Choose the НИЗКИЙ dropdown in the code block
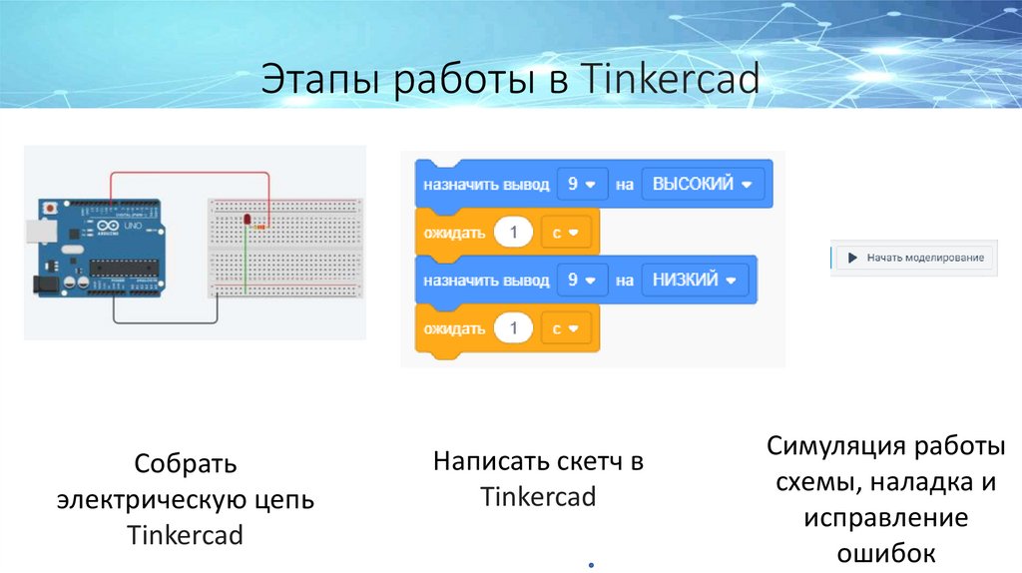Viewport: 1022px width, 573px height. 695,281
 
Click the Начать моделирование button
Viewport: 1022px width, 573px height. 914,258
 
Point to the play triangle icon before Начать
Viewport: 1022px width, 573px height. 852,258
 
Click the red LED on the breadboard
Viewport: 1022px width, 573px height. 246,219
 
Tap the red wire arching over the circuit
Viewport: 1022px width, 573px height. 190,173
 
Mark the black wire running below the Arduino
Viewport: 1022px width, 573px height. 165,321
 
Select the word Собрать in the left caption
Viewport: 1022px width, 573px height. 185,464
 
